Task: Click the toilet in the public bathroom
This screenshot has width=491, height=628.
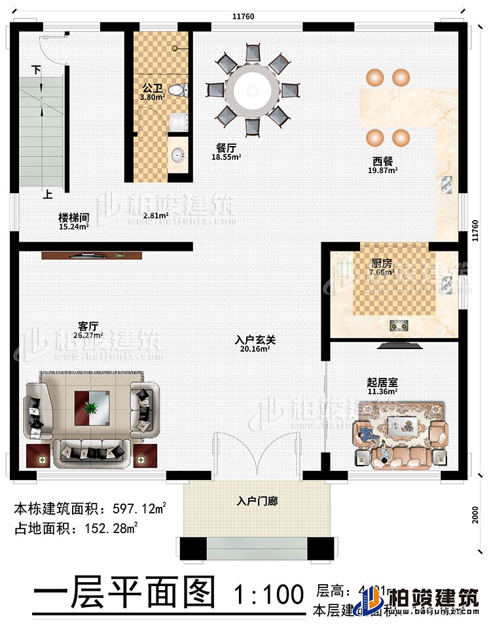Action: (x=177, y=90)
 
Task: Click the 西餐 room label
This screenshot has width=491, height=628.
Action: (x=383, y=161)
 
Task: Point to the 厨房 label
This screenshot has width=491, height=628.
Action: (x=380, y=263)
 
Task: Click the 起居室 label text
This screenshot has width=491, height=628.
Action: (x=383, y=383)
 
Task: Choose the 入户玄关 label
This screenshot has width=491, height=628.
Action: (x=255, y=341)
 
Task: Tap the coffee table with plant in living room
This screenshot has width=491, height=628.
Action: (x=92, y=407)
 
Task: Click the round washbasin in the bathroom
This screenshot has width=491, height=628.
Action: (x=177, y=155)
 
